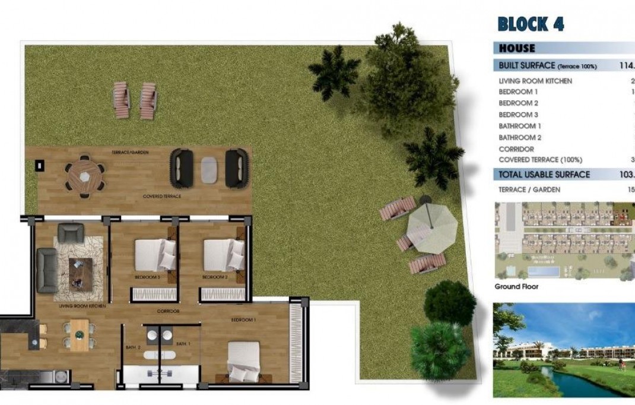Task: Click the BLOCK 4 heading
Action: coord(531,24)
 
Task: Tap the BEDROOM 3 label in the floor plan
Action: coord(148,277)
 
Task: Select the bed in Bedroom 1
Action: coord(245,361)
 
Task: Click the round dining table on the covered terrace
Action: coord(85,176)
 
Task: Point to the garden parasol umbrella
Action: coord(433,227)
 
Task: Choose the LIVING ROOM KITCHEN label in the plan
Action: coord(82,306)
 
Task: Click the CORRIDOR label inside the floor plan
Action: coord(169,311)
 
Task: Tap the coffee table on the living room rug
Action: coord(80,274)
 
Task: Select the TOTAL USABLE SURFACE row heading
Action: coord(544,175)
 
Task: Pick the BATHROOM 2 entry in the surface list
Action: coord(520,138)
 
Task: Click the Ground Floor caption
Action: coord(516,286)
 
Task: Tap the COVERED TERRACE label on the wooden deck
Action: coord(162,196)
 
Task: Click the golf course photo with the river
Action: coord(564,350)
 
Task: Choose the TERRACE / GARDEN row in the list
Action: coord(529,190)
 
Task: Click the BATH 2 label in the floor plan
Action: coord(132,347)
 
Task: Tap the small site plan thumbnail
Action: coord(564,241)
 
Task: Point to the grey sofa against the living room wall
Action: coord(47,270)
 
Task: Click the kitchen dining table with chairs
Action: coord(80,335)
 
